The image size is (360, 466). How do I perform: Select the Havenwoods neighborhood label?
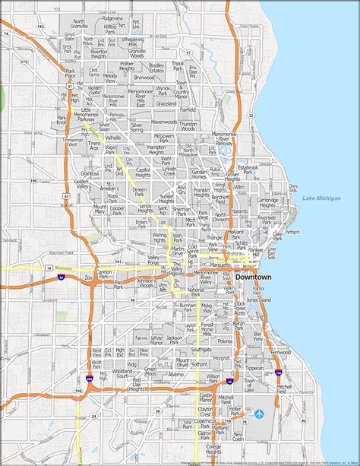[163, 121]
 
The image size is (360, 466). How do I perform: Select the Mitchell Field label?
[283, 387]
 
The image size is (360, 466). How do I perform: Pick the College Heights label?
[213, 449]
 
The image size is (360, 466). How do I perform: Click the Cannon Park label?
[103, 272]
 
